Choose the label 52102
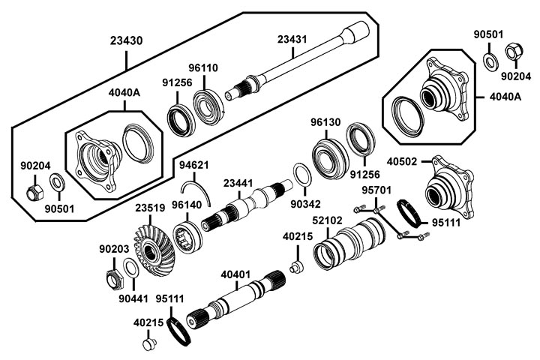point(328,220)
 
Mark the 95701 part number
point(377,190)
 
